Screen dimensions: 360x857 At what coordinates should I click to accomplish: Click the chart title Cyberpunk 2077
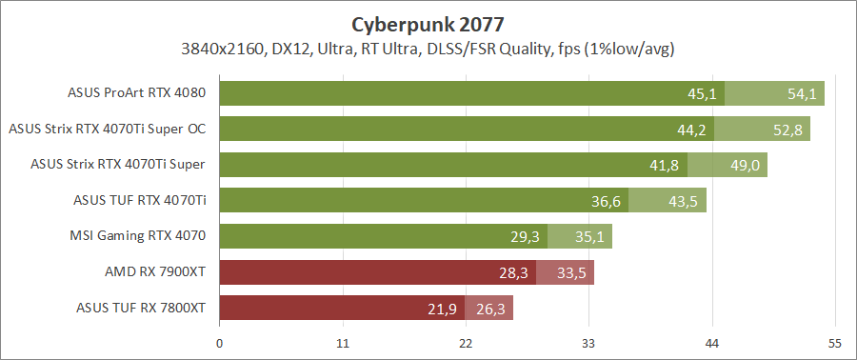(428, 23)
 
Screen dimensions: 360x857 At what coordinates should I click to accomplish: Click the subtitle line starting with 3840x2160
(428, 48)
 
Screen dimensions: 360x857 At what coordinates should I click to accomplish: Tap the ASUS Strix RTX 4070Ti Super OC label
(108, 129)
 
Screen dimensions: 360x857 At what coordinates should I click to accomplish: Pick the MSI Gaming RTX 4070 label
(138, 235)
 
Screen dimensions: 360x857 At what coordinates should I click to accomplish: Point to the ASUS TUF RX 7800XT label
(141, 308)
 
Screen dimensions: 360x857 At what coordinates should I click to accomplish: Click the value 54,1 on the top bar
(802, 94)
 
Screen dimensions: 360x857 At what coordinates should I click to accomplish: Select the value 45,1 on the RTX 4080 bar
(702, 94)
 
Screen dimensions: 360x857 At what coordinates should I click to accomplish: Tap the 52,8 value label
(788, 130)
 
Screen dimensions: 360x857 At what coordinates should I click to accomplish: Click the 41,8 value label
(664, 166)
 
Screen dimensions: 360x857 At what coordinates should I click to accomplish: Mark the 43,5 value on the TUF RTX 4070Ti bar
(684, 201)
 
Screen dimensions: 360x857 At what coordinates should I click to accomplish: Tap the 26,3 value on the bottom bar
(490, 309)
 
